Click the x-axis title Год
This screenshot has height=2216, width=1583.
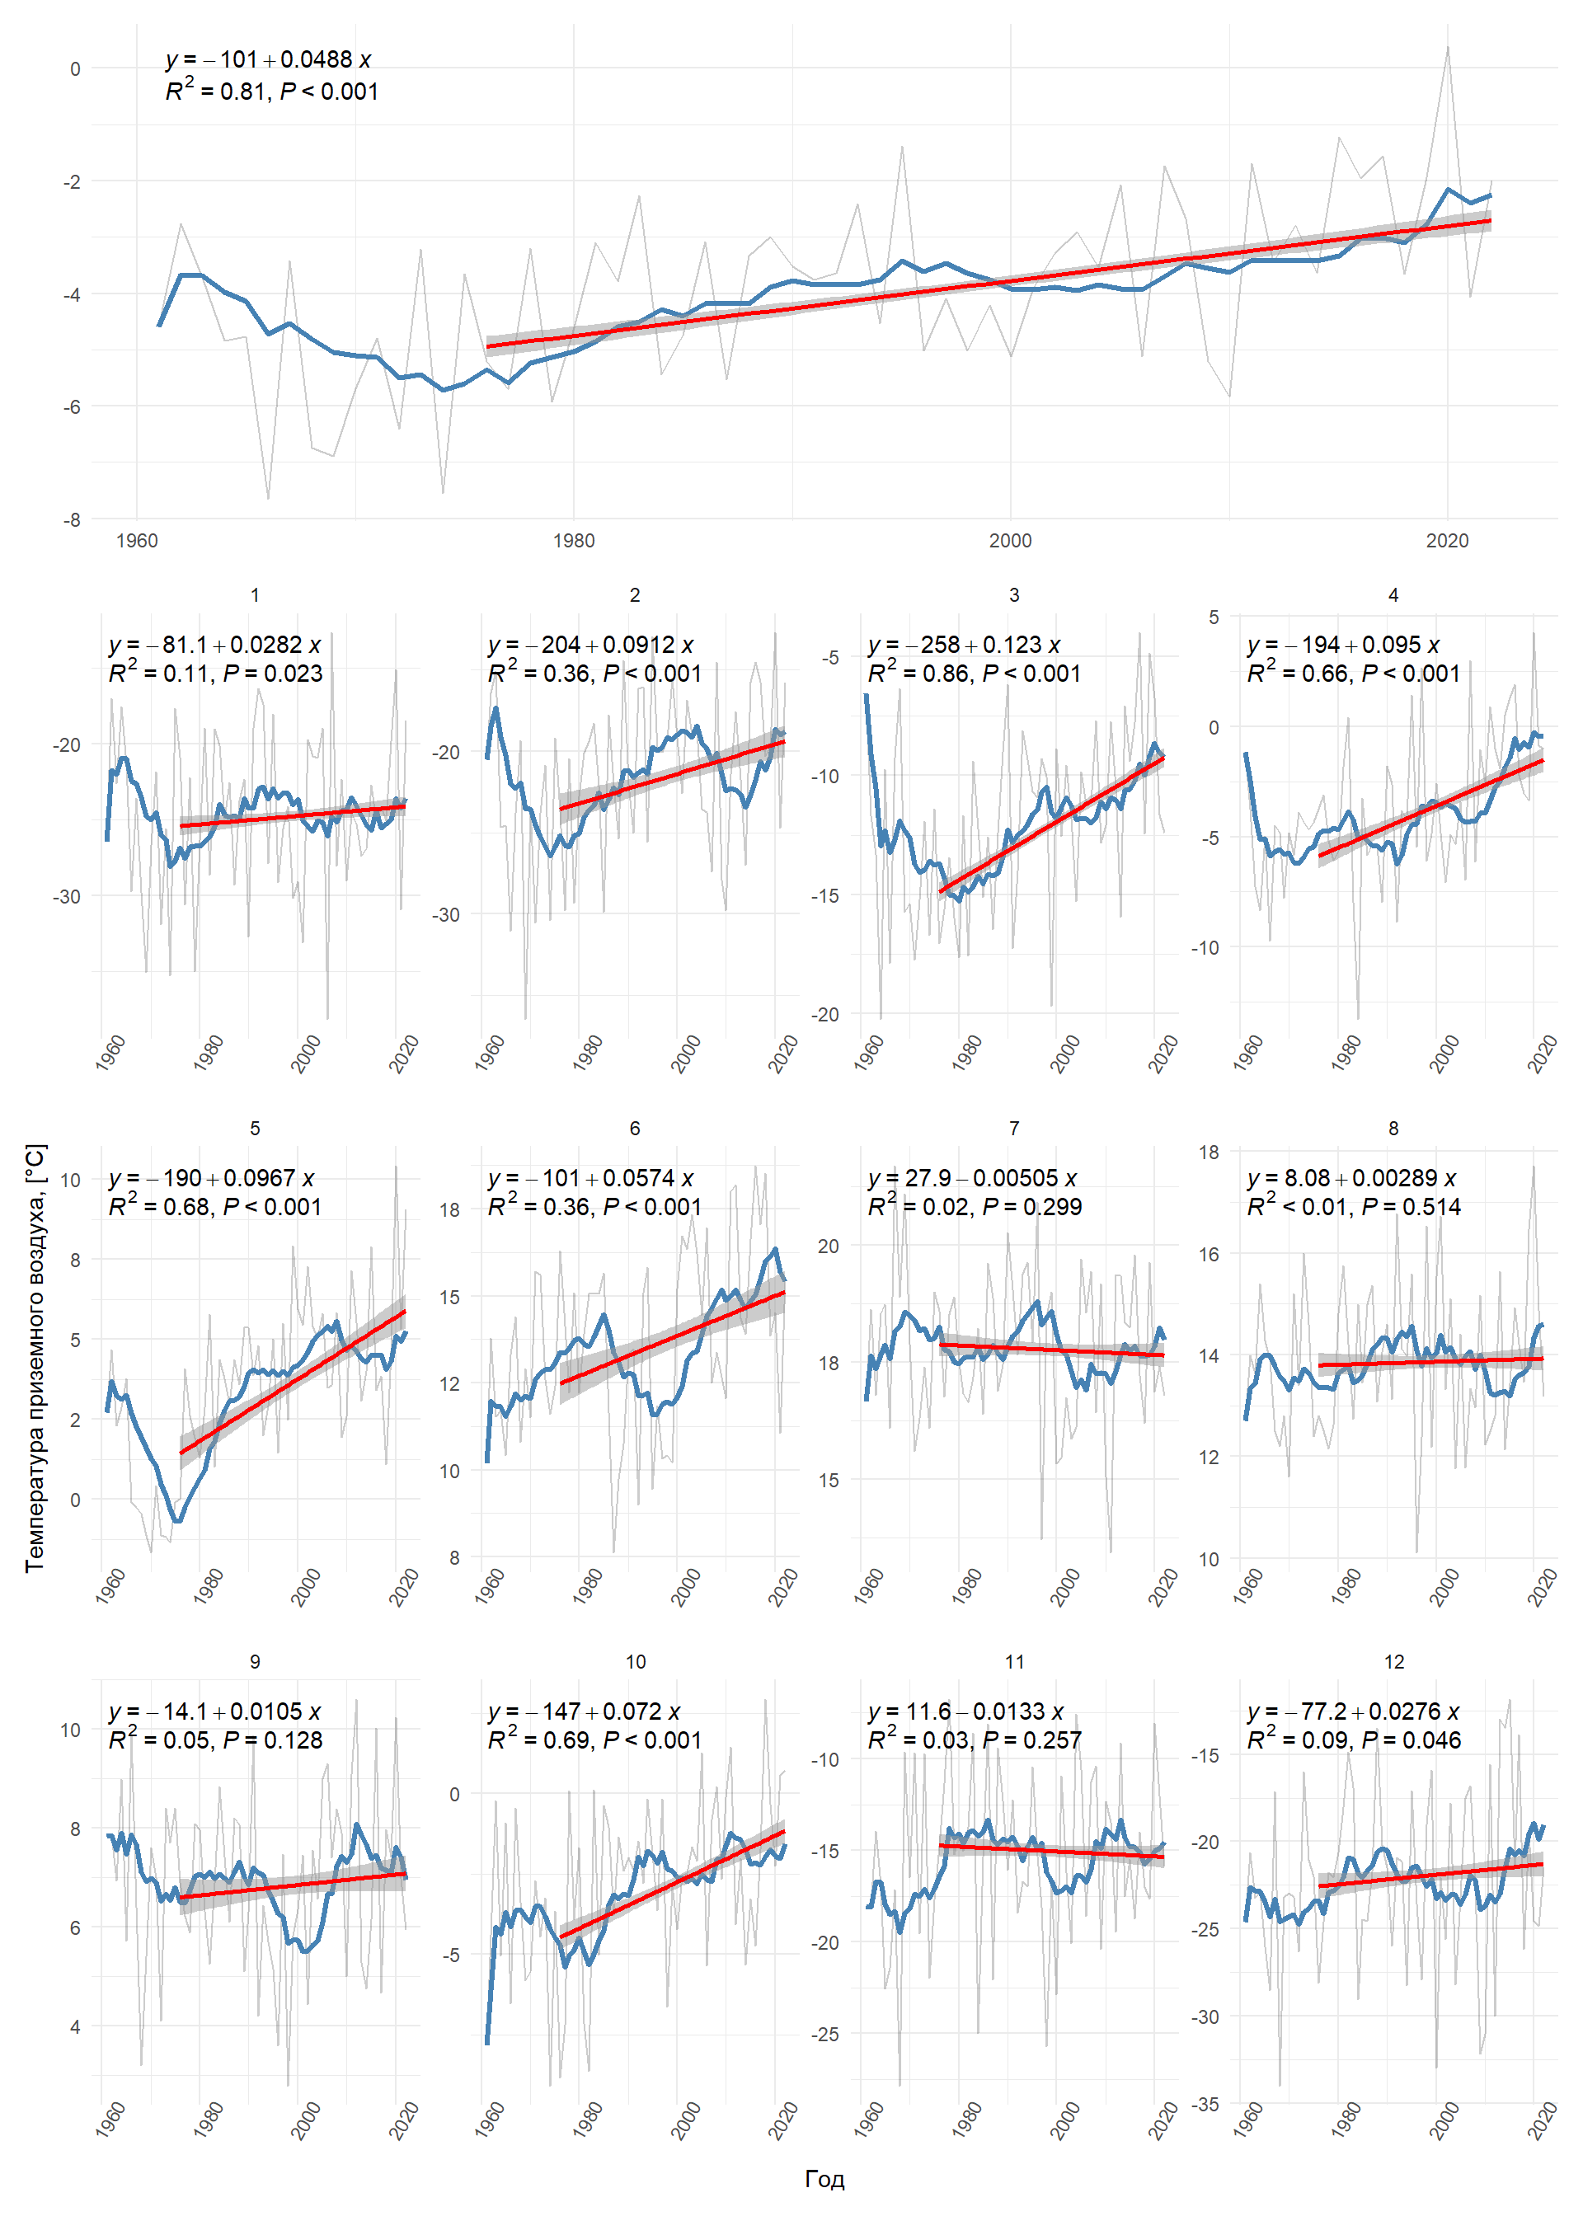[x=824, y=2178]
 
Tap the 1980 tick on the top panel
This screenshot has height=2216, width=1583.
[x=573, y=541]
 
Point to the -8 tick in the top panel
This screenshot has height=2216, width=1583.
[x=72, y=519]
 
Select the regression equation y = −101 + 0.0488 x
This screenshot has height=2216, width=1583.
[x=268, y=59]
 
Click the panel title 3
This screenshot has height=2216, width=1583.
[x=1014, y=594]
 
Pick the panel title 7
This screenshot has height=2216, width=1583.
[x=1014, y=1128]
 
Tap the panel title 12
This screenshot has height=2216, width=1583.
[x=1394, y=1661]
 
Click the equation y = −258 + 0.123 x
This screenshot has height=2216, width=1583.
[x=964, y=646]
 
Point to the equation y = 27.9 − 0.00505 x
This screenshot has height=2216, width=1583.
[x=973, y=1178]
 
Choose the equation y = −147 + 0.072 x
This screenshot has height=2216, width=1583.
[x=584, y=1712]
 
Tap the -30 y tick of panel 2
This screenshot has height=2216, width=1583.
[x=445, y=914]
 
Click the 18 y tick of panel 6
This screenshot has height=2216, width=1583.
[x=449, y=1209]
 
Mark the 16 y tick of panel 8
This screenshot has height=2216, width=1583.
[x=1209, y=1254]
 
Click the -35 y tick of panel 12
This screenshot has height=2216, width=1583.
[x=1205, y=2105]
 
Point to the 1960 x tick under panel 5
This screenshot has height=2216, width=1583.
[x=111, y=1585]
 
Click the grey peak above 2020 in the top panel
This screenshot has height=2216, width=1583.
[x=1448, y=46]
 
